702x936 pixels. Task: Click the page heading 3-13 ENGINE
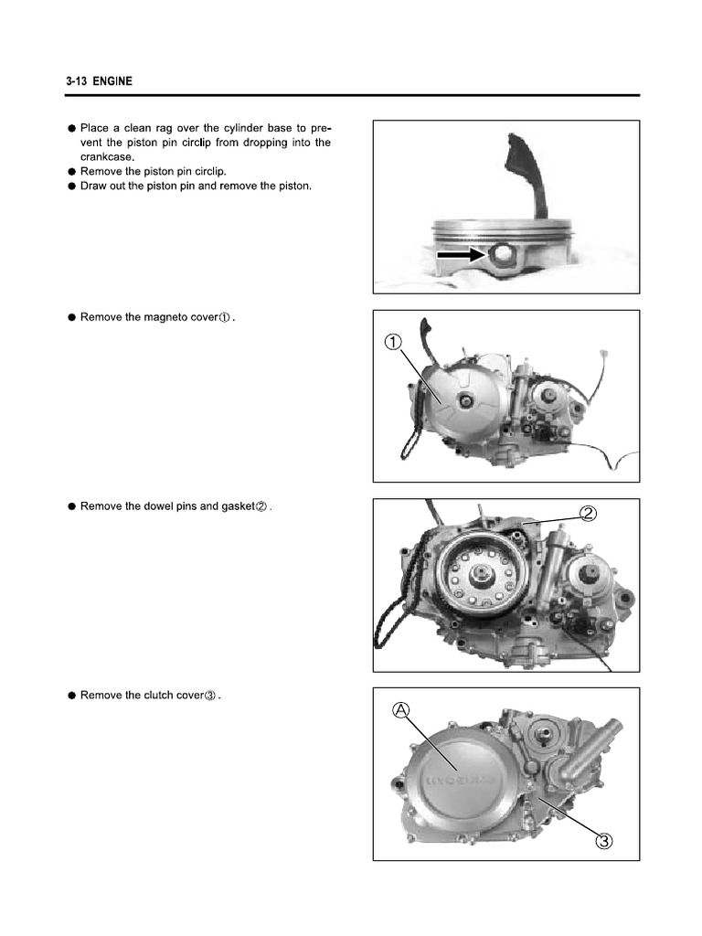[99, 81]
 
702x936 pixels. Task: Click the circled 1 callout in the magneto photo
[392, 343]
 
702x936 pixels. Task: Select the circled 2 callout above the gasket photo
[589, 513]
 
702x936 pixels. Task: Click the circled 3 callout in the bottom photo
[602, 840]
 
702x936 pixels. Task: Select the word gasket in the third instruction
[232, 506]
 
